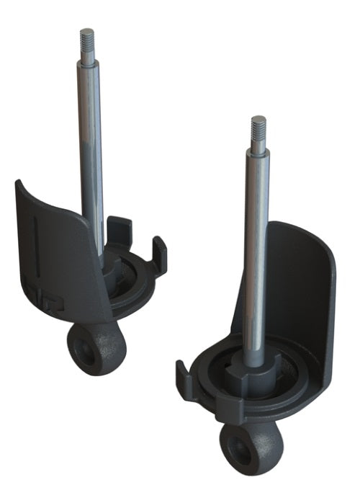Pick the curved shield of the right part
302,288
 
